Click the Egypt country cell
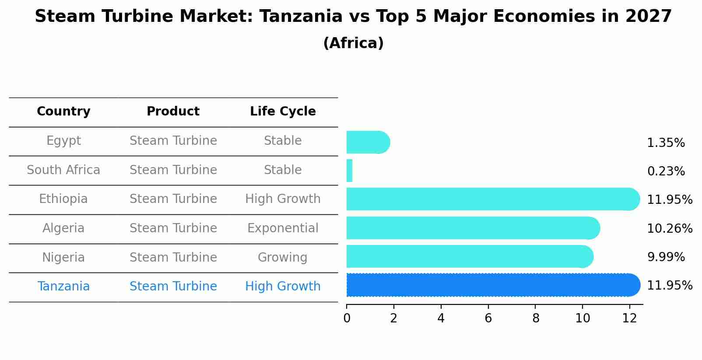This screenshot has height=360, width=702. [63, 141]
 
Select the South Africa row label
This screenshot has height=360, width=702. [63, 170]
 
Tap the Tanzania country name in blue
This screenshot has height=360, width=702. [63, 287]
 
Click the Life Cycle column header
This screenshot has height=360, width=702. [283, 112]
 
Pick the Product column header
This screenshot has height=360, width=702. [173, 112]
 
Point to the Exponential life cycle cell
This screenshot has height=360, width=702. [283, 228]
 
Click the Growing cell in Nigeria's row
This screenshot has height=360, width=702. [283, 257]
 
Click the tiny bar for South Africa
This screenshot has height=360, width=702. [349, 171]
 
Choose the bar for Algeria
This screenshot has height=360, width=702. [473, 228]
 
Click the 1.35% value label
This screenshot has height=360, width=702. [666, 143]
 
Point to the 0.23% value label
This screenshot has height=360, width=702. [666, 171]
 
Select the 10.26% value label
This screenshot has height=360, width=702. [670, 229]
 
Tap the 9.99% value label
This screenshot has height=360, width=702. [666, 257]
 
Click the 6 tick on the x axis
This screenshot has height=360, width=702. [488, 318]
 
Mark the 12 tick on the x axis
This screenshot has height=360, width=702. [629, 318]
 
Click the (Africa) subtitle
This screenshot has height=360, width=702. [353, 43]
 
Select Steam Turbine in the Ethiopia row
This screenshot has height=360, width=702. [173, 199]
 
